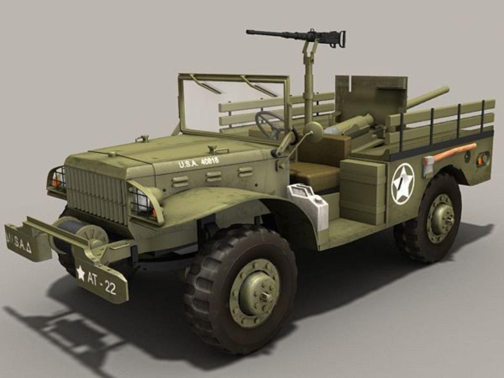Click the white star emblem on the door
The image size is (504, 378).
tap(403, 184)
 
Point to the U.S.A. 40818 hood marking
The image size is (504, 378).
tap(198, 163)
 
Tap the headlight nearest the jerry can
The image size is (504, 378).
tap(144, 202)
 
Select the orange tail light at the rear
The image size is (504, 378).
tap(483, 158)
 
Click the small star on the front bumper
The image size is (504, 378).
tap(81, 273)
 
